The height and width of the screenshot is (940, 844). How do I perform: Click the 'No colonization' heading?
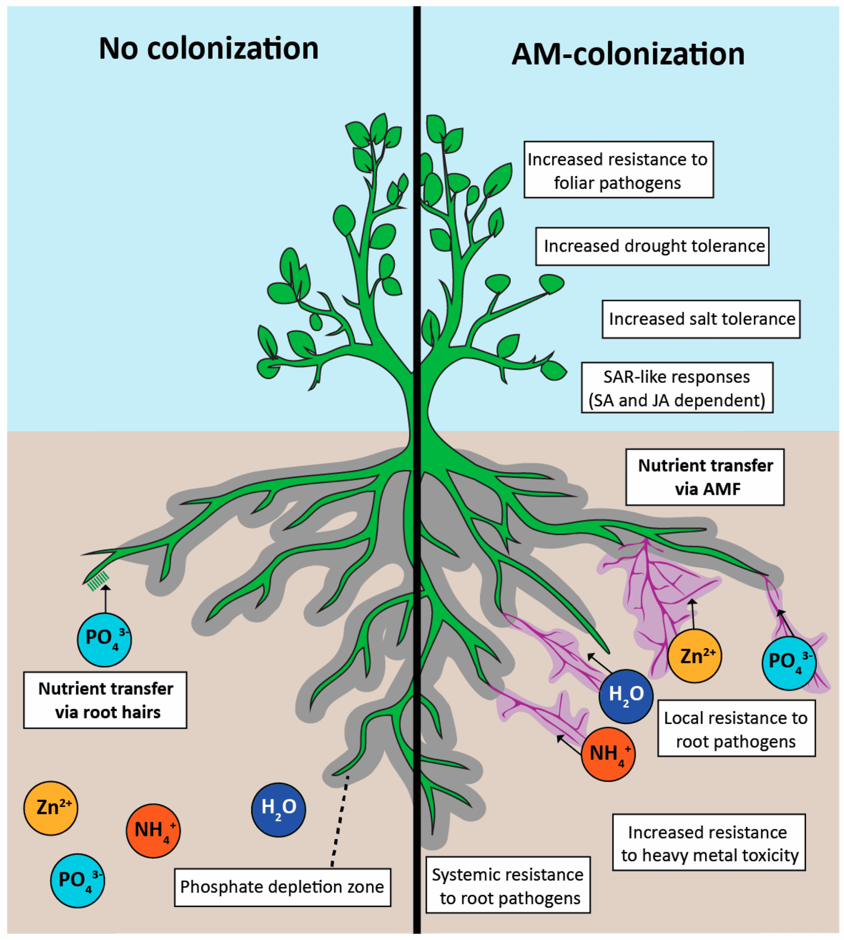coord(208,49)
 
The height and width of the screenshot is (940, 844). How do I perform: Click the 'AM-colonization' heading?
coord(628,54)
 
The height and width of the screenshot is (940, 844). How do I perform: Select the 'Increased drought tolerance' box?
coord(652,246)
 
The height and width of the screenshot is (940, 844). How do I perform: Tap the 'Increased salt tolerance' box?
coord(701,319)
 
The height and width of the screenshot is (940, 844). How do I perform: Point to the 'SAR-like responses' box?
coord(677,388)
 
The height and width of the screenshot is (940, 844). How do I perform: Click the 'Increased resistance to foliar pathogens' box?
coord(618,170)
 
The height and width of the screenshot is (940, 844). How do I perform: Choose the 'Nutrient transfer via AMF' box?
coord(704,477)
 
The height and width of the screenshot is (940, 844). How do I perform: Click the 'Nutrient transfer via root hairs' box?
coord(105,700)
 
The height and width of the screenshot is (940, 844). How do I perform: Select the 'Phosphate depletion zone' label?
coord(282,887)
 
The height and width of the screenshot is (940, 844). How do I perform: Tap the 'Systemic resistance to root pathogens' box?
coord(507,886)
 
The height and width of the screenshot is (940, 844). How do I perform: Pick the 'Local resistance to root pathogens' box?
coord(736,729)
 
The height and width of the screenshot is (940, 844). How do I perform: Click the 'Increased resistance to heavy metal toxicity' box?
coord(708,843)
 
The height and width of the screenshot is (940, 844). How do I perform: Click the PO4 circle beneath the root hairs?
coord(104,640)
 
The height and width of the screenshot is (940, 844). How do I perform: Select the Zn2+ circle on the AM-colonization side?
coord(694,656)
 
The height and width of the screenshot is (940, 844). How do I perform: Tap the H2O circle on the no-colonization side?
coord(278,810)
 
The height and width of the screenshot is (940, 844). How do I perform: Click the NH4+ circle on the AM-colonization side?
coord(608,754)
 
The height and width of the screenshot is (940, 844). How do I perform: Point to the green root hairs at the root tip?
coord(98,580)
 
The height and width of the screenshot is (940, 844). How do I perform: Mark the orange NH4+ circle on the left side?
coord(153,831)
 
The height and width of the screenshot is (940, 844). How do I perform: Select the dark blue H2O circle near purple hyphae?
coord(626,696)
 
